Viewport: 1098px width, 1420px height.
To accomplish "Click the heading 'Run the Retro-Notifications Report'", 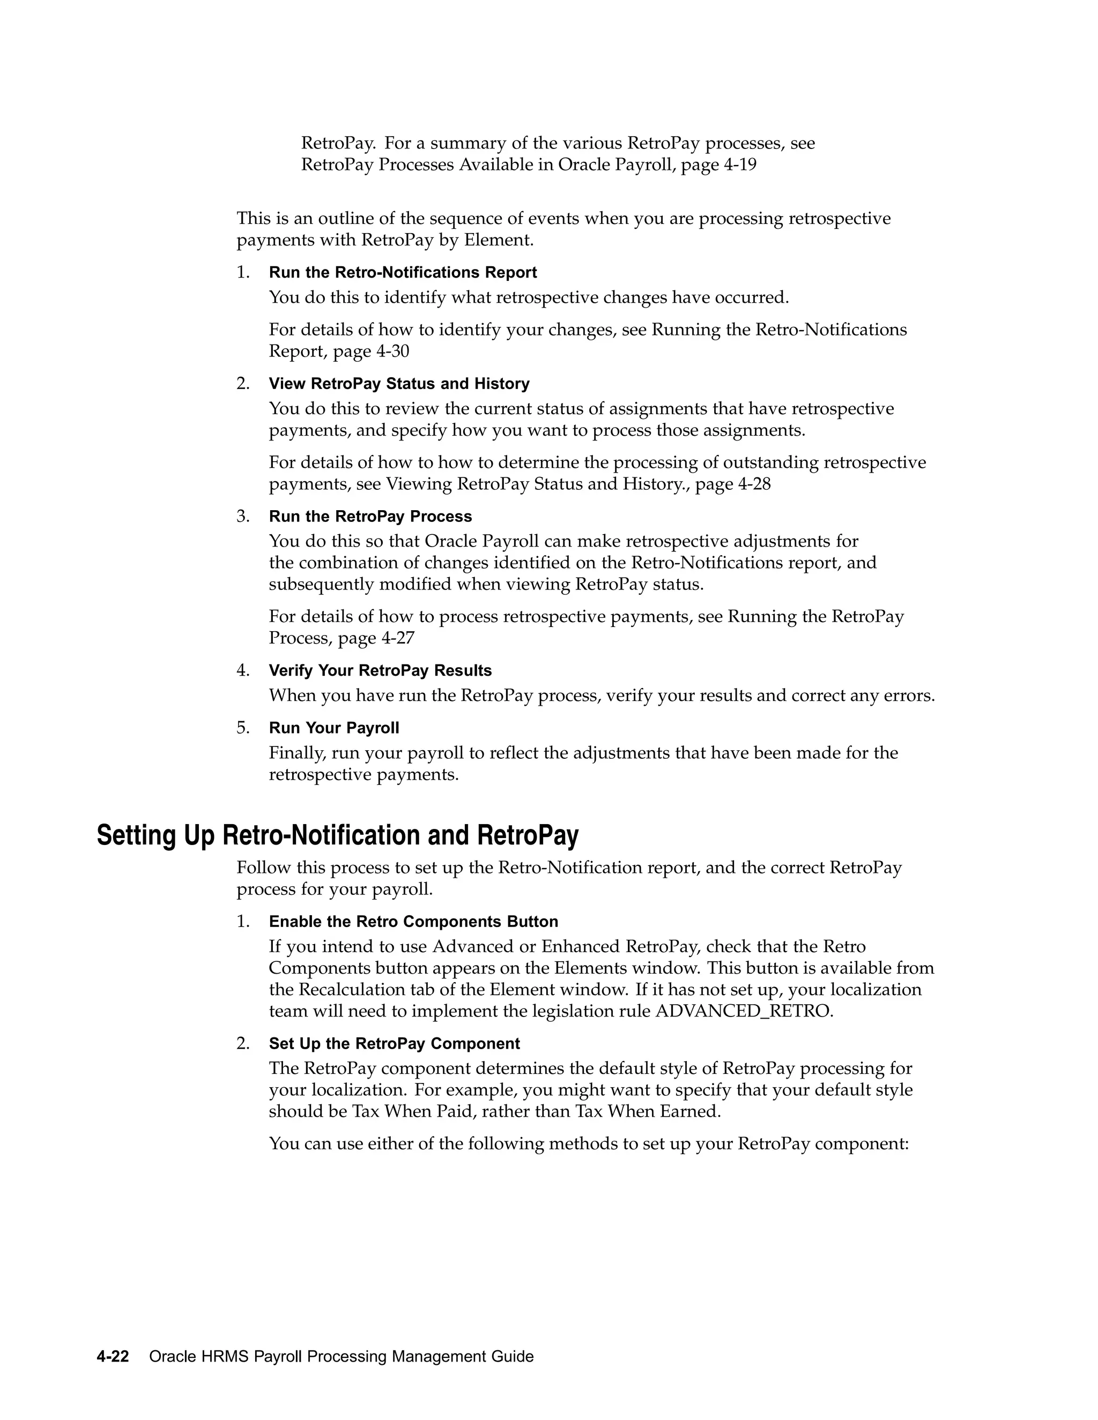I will pyautogui.click(x=403, y=272).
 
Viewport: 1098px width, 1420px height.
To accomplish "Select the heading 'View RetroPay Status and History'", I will pyautogui.click(x=399, y=384).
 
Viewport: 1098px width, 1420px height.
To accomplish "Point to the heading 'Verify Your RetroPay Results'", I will pyautogui.click(x=380, y=670).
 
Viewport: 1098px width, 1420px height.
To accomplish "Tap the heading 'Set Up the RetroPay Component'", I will pyautogui.click(x=394, y=1043).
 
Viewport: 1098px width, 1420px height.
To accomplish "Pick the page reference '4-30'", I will pyautogui.click(x=392, y=352).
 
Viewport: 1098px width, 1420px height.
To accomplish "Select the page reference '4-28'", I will pyautogui.click(x=754, y=484).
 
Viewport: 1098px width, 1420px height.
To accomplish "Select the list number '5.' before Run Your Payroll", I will pyautogui.click(x=243, y=728).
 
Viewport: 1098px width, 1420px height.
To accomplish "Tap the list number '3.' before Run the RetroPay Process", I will pyautogui.click(x=243, y=516).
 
